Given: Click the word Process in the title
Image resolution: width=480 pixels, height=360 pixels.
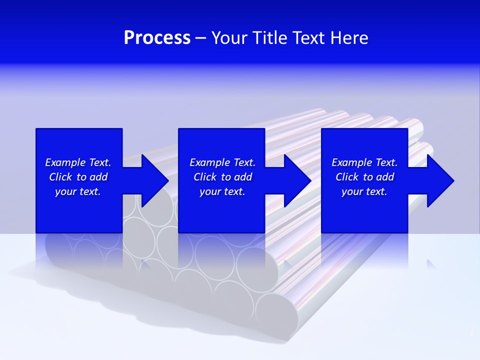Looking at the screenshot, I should tap(157, 38).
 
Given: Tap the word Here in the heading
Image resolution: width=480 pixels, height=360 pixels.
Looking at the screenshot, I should tap(350, 38).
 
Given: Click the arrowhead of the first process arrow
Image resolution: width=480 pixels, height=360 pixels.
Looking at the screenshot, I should tap(155, 180).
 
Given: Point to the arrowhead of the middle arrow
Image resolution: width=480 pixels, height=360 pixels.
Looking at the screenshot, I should tap(297, 180).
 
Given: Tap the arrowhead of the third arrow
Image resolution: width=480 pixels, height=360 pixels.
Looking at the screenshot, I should tap(440, 180).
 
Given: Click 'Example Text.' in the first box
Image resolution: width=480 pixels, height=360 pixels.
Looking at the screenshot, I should tap(78, 162).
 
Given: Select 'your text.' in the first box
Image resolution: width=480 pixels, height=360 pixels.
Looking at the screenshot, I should tap(78, 191).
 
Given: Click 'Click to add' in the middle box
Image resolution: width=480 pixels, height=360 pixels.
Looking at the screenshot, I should tap(222, 177).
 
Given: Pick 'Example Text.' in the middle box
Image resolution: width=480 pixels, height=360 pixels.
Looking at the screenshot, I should tap(222, 162).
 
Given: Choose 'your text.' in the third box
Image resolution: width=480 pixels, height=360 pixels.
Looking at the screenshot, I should tap(364, 191).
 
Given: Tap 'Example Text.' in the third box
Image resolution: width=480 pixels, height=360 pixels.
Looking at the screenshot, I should tap(364, 162).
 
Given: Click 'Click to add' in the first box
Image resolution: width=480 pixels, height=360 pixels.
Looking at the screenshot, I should tap(78, 177).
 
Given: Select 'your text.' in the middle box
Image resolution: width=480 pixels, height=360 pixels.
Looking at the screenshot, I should tap(222, 191).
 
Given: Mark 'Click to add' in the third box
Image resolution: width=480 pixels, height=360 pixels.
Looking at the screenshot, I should tap(364, 177).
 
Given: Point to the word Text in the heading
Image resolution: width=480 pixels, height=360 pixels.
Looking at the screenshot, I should tap(308, 38).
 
